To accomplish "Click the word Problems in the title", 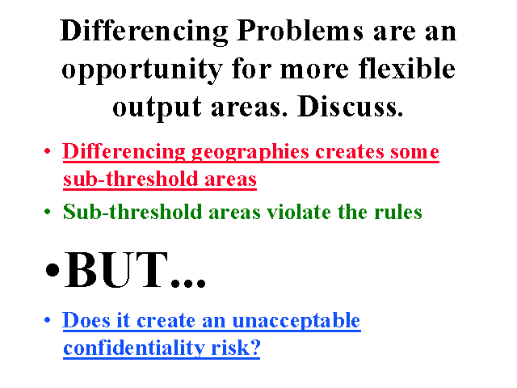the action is click(x=300, y=31).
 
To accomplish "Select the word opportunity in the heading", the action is click(x=142, y=71).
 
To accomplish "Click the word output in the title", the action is click(x=157, y=108).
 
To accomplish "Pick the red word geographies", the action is click(x=250, y=153).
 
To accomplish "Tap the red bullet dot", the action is click(x=48, y=151).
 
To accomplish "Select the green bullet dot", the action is click(x=48, y=211).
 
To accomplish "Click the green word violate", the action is click(x=299, y=212).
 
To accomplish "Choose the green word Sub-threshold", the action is click(x=132, y=212).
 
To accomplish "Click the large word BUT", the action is click(x=116, y=269).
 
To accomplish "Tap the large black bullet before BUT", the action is click(x=53, y=270).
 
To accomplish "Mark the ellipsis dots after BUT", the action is click(x=188, y=283).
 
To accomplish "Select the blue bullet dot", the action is click(x=48, y=319).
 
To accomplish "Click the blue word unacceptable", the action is click(x=296, y=321).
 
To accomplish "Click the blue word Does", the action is click(x=86, y=320).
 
